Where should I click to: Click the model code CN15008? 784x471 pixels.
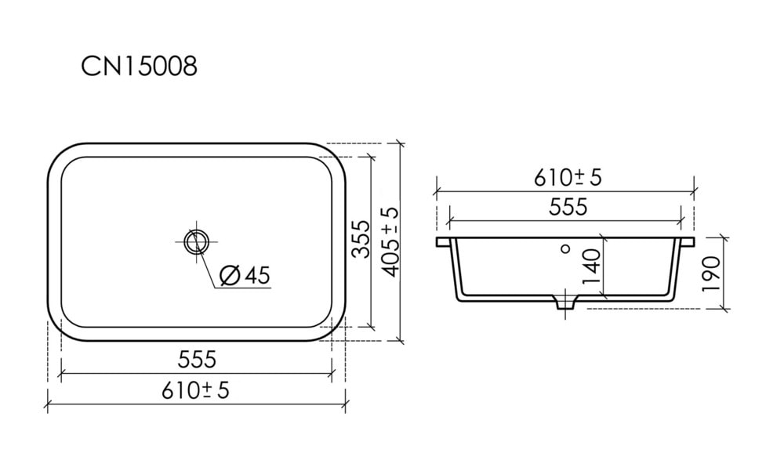click(139, 67)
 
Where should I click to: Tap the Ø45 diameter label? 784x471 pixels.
click(245, 276)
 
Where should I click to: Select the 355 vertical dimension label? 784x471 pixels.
click(361, 240)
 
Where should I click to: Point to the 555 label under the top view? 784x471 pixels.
click(197, 360)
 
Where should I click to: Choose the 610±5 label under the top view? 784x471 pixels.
click(195, 390)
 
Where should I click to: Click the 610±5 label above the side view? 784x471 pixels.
click(568, 177)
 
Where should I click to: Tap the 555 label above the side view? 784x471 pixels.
click(568, 206)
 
